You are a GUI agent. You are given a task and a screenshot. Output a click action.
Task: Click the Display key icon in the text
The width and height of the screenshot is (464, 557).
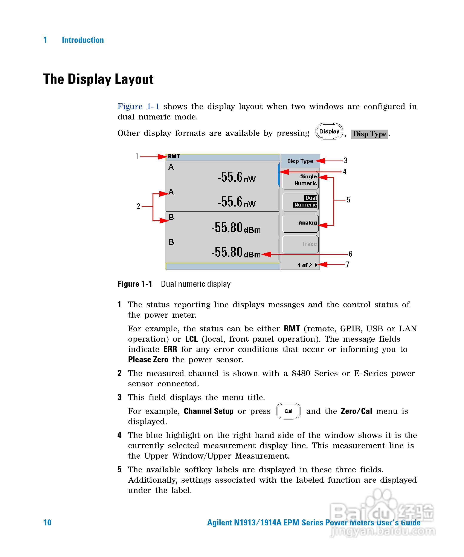[x=329, y=131]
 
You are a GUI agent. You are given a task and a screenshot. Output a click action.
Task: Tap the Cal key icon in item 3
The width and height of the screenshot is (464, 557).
[x=288, y=411]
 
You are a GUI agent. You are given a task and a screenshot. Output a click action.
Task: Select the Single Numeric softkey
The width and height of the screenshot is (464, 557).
[x=300, y=180]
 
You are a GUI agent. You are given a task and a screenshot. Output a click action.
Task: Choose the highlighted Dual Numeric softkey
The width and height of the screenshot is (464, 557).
[x=300, y=201]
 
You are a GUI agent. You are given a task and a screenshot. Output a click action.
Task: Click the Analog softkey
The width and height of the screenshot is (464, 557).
[x=300, y=223]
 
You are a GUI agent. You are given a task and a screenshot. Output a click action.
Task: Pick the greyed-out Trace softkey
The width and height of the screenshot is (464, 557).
[x=300, y=244]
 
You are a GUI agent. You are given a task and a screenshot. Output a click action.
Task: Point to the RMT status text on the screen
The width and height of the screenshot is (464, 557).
[x=174, y=156]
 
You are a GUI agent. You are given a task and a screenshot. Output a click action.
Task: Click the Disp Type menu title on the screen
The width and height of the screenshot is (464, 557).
[x=300, y=161]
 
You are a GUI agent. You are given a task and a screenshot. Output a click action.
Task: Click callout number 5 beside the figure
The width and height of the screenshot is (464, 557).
[x=348, y=200]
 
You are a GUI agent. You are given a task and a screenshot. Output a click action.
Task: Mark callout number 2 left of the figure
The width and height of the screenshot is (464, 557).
[x=138, y=206]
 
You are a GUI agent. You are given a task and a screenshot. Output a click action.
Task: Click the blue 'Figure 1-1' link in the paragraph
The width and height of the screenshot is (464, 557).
[x=138, y=107]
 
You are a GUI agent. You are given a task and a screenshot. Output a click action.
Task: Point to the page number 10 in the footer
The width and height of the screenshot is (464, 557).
[x=47, y=523]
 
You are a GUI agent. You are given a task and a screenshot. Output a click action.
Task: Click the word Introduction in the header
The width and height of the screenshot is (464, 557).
[x=83, y=40]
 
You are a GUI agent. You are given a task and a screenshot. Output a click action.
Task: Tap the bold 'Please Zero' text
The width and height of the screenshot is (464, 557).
[x=148, y=360]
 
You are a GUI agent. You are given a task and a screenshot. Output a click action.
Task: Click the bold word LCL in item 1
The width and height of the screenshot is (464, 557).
[x=191, y=339]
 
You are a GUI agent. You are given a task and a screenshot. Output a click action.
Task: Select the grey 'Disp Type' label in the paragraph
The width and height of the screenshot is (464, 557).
[x=369, y=134]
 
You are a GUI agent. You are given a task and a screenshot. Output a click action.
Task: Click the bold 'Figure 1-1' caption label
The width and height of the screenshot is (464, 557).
[x=135, y=284]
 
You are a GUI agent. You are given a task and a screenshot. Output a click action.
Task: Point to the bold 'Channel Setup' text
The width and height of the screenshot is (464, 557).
[x=208, y=411]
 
